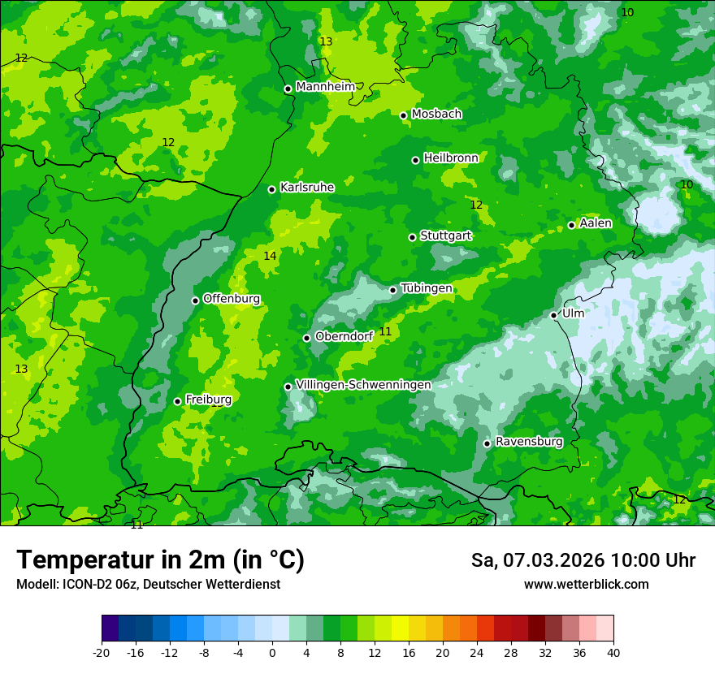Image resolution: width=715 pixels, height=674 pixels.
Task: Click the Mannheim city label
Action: point(325,87)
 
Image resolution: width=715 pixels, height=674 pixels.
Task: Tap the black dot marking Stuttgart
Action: point(413,237)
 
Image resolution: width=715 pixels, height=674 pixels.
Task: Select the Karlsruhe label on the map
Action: point(307,188)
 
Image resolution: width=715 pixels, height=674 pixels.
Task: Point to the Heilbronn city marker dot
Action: point(416,160)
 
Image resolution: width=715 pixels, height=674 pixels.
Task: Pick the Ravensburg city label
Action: point(529,442)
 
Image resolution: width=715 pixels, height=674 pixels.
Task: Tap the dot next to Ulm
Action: point(554,315)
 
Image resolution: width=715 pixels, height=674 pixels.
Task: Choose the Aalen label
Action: point(596,223)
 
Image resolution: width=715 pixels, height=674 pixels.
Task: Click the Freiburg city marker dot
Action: point(178,401)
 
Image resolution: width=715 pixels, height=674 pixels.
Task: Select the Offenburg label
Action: point(232,299)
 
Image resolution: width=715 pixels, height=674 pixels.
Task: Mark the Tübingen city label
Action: point(427,288)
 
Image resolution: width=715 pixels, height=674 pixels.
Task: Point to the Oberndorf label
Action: point(344,336)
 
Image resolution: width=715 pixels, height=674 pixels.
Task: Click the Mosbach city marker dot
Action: point(404,115)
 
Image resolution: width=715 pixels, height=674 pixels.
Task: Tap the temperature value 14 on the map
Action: point(270,256)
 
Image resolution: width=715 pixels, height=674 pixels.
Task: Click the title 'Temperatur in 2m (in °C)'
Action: point(160,560)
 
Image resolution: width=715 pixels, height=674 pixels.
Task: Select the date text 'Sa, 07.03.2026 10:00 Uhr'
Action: point(583,560)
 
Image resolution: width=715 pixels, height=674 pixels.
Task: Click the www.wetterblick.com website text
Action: point(586,585)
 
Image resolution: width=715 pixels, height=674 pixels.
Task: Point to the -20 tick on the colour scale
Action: point(102,652)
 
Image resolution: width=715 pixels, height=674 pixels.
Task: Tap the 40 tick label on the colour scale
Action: point(613,652)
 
